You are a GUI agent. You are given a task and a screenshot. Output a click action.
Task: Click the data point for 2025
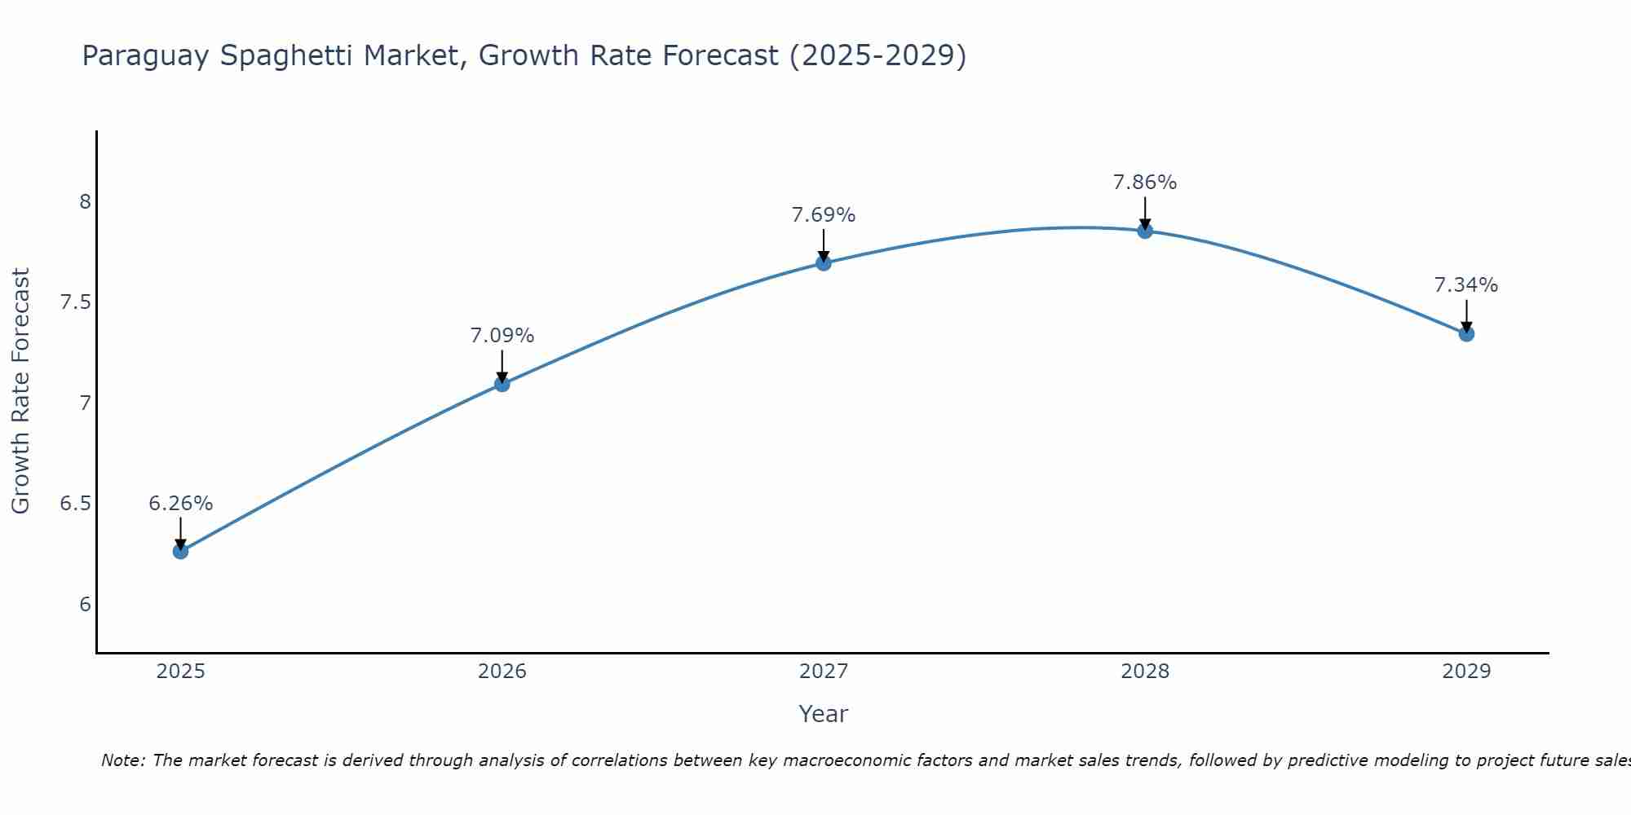180,552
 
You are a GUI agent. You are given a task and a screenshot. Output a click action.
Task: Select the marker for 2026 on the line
502,384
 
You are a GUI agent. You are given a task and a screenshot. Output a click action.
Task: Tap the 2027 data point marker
824,262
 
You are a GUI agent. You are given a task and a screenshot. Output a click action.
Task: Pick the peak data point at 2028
1145,231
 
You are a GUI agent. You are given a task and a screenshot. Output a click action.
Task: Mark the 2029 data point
1466,333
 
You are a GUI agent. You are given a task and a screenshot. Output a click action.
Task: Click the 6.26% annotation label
180,504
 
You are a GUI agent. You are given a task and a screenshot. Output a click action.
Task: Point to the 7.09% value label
502,336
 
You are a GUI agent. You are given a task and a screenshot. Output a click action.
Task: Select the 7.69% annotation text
824,215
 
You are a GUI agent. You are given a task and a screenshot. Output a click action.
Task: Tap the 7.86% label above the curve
1145,183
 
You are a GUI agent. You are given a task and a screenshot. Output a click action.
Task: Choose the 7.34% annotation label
1466,285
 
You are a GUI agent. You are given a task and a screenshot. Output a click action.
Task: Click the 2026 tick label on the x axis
502,672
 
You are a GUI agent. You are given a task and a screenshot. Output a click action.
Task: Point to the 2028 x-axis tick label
1145,672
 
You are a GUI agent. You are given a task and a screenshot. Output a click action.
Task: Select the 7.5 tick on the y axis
75,302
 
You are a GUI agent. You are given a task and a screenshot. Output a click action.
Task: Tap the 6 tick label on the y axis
85,605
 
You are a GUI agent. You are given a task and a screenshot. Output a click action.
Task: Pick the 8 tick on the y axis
85,201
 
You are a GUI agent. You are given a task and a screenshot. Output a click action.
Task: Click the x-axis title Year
824,714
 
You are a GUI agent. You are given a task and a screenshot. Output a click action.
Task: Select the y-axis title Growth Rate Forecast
20,391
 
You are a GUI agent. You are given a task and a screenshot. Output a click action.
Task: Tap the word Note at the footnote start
122,760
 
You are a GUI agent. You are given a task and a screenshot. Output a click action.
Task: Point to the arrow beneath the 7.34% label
1466,316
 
